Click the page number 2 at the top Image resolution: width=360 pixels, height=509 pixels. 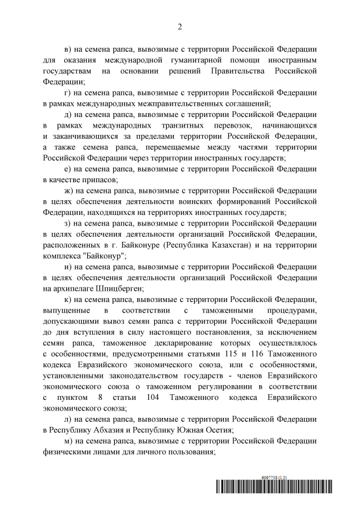[x=180, y=26]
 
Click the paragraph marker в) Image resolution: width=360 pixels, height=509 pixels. [x=71, y=48]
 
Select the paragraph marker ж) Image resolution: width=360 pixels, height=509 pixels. [x=71, y=191]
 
